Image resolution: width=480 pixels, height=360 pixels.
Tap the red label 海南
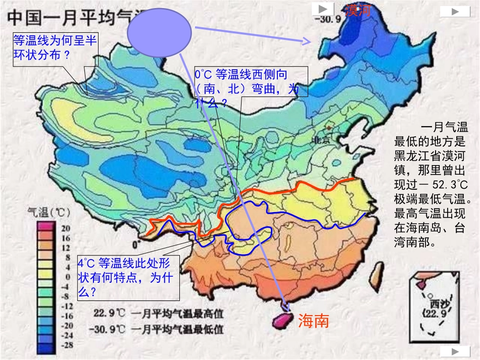pos(313,320)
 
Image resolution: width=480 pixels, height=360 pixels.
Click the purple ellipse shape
pos(159,33)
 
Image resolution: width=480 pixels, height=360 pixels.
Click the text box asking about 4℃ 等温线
pos(128,277)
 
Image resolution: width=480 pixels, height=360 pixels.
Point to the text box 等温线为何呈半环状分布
pos(55,47)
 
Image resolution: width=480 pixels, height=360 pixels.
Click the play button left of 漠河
pos(322,9)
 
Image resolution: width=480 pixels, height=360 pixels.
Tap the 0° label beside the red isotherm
pos(135,245)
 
